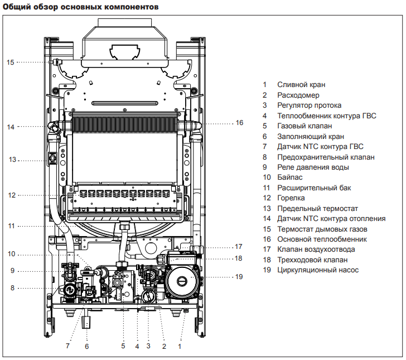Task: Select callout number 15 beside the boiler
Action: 10,63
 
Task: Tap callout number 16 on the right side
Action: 239,122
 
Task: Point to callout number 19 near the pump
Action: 239,276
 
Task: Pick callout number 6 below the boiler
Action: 86,346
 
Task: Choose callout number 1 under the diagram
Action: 180,346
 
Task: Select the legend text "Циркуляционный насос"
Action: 318,270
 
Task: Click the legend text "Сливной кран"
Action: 301,85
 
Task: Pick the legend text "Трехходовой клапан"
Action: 312,260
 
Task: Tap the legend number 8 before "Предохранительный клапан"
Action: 265,157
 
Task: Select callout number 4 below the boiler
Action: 137,346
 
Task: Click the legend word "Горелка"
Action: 291,198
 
